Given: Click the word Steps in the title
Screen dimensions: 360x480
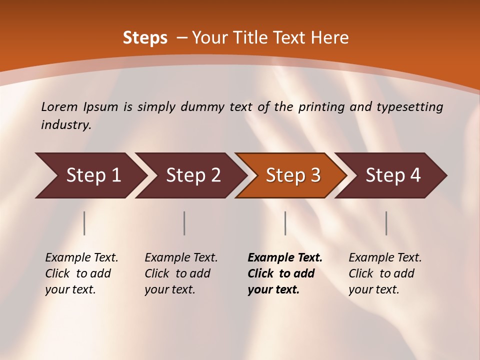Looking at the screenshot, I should click(145, 38).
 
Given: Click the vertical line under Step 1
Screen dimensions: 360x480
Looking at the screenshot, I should click(84, 223).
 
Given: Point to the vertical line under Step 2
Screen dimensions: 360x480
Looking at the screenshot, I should click(184, 223).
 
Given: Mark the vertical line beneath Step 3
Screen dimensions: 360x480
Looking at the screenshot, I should click(285, 223).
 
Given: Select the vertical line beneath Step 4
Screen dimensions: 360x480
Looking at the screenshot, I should click(386, 223).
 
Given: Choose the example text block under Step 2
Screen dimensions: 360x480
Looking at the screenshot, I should click(180, 273).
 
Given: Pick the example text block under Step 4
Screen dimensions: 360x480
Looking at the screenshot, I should click(384, 273).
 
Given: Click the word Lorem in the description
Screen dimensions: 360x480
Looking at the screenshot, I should click(59, 107).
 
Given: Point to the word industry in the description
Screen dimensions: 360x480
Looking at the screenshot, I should click(65, 125).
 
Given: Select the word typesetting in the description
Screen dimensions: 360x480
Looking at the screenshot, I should click(413, 107).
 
